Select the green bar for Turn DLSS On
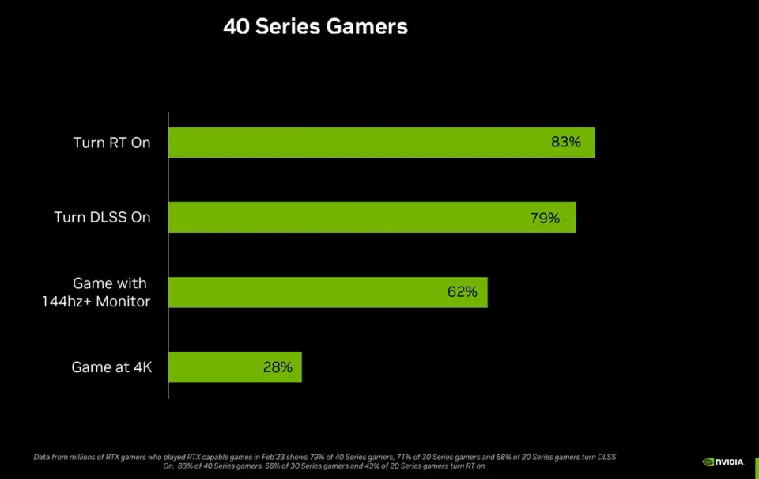tap(372, 217)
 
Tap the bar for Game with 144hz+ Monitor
tap(327, 292)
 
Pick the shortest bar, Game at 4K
tap(235, 367)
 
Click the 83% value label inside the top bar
tap(566, 143)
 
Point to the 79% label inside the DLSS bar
tap(545, 218)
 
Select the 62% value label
tap(463, 292)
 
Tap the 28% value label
tap(278, 367)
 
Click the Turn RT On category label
tap(111, 143)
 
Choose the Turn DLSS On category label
tap(102, 218)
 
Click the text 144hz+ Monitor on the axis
tap(96, 302)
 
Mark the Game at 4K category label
tap(111, 367)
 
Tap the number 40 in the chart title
tap(236, 27)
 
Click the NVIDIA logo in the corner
tap(723, 462)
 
